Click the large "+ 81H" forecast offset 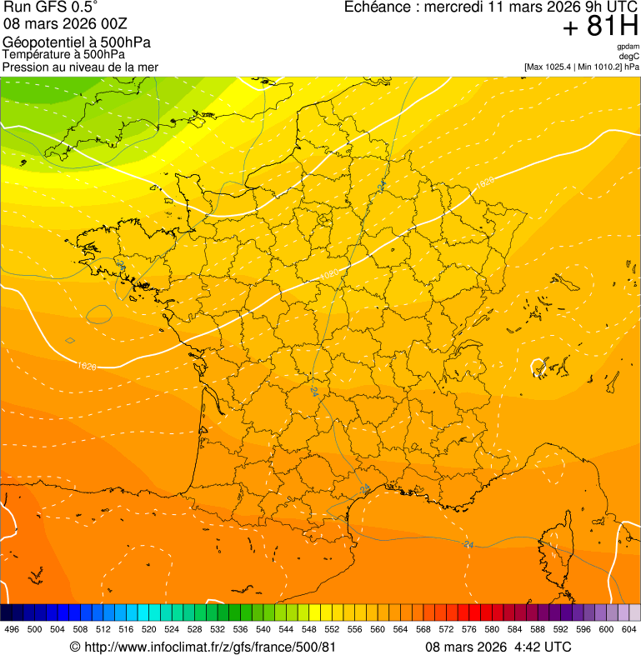point(601,27)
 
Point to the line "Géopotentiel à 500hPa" point(77,42)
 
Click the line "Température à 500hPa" point(64,54)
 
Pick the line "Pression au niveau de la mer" point(80,67)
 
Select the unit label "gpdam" point(628,47)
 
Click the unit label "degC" point(629,57)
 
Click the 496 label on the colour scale point(12,629)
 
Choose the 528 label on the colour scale point(194,629)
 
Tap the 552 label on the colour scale point(332,629)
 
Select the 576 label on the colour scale point(469,629)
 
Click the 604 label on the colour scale point(629,629)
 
